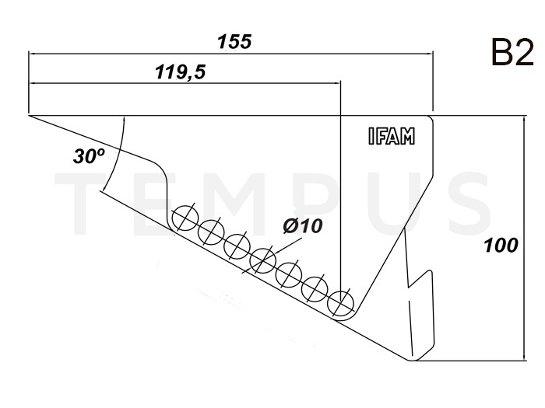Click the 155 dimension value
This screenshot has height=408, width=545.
pyautogui.click(x=234, y=41)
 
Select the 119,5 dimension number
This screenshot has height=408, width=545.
pyautogui.click(x=181, y=72)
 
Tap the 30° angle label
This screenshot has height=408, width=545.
pyautogui.click(x=89, y=155)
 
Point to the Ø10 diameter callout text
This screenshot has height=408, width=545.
pyautogui.click(x=302, y=226)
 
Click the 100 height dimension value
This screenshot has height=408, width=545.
pyautogui.click(x=501, y=246)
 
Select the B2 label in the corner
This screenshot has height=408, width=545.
pyautogui.click(x=512, y=52)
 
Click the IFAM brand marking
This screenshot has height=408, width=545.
pyautogui.click(x=392, y=136)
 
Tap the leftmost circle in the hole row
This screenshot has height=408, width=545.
pyautogui.click(x=185, y=218)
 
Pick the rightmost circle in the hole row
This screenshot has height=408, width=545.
pyautogui.click(x=341, y=303)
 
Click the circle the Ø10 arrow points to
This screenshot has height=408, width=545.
pyautogui.click(x=263, y=260)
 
